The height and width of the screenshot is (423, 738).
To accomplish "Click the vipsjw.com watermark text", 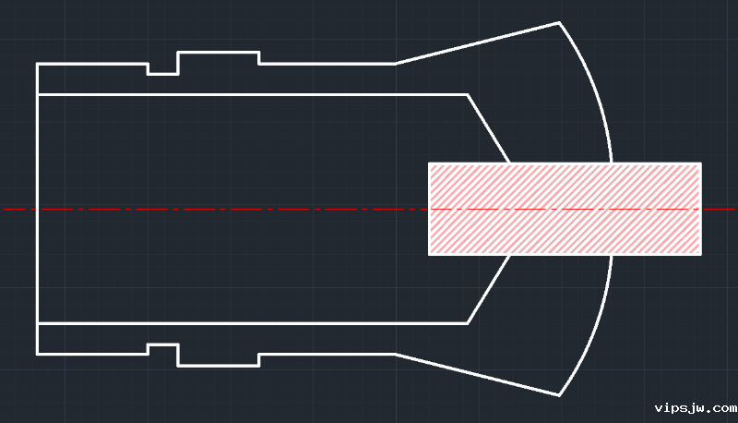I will point(695,407).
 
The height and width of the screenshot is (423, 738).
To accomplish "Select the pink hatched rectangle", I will point(565,209).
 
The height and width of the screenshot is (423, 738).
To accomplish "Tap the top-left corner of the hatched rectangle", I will point(429,163).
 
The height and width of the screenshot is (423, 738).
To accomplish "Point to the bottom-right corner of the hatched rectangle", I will point(701,254).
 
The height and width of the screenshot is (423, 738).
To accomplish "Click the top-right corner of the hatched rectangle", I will point(701,163).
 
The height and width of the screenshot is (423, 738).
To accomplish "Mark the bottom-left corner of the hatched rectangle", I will point(429,254).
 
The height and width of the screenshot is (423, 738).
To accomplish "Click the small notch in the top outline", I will point(162,71).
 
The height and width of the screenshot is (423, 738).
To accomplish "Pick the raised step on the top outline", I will point(218,54).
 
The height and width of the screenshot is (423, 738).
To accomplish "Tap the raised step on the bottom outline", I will point(218,365).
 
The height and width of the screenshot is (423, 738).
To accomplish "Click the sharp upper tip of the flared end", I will point(559,22).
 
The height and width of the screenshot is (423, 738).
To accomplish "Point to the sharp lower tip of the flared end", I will point(559,395).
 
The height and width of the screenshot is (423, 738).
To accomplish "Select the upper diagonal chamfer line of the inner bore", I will point(488,128).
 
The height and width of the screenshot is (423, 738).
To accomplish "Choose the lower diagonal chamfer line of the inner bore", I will point(488,289).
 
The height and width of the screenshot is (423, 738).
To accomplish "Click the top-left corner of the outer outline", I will point(37,64).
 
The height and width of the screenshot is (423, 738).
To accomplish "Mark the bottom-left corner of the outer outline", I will point(37,354).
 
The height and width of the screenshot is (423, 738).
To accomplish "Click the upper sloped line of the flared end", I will point(477,42).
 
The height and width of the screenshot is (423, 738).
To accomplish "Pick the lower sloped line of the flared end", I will point(477,375).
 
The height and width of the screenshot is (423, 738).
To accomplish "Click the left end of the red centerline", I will point(6,210).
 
